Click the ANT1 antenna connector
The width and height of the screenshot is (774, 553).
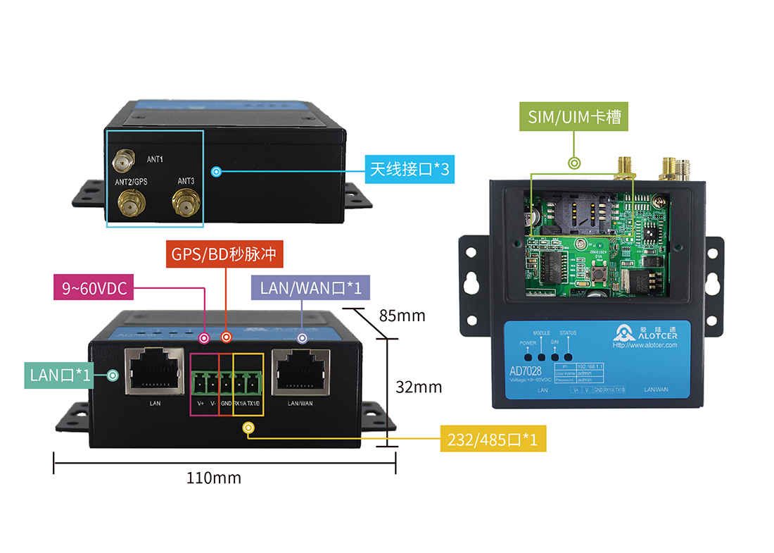click(124, 161)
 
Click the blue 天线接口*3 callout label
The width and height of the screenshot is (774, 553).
click(409, 170)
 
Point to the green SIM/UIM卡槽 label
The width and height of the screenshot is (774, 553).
click(574, 118)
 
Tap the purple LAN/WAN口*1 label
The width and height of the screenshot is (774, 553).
click(306, 287)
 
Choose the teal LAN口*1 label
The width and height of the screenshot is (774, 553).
click(61, 375)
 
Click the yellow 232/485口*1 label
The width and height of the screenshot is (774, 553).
click(492, 440)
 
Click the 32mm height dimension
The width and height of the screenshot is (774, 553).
click(419, 387)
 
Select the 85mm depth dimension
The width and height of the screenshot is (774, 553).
click(402, 316)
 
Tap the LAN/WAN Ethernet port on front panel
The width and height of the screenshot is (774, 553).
click(300, 371)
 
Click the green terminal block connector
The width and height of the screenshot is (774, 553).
click(226, 383)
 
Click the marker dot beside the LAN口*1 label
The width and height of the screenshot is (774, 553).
click(113, 375)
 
